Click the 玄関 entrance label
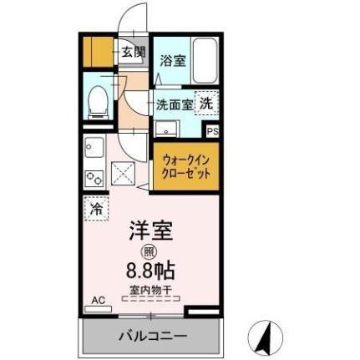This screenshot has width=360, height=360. pyautogui.click(x=132, y=52)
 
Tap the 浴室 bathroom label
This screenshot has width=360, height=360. pyautogui.click(x=172, y=60)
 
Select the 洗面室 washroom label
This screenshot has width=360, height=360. pyautogui.click(x=175, y=105)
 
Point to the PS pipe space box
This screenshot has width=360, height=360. pyautogui.click(x=213, y=131)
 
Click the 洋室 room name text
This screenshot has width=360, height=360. pyautogui.click(x=150, y=231)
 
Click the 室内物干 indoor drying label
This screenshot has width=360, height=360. pyautogui.click(x=151, y=292)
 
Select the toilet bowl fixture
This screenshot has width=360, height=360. pyautogui.click(x=99, y=101)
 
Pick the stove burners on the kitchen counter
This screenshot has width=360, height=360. pyautogui.click(x=94, y=177)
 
